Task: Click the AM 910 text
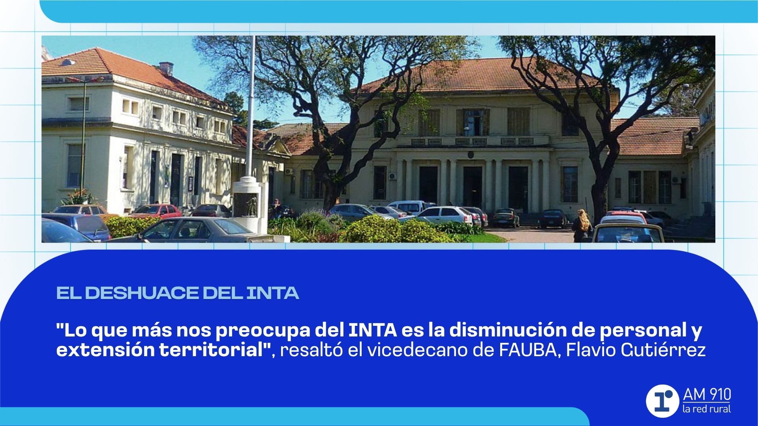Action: tap(707, 394)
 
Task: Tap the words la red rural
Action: tap(707, 409)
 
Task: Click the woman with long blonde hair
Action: tap(582, 225)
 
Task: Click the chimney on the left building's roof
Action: tap(166, 68)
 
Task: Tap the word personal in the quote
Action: tap(643, 331)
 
